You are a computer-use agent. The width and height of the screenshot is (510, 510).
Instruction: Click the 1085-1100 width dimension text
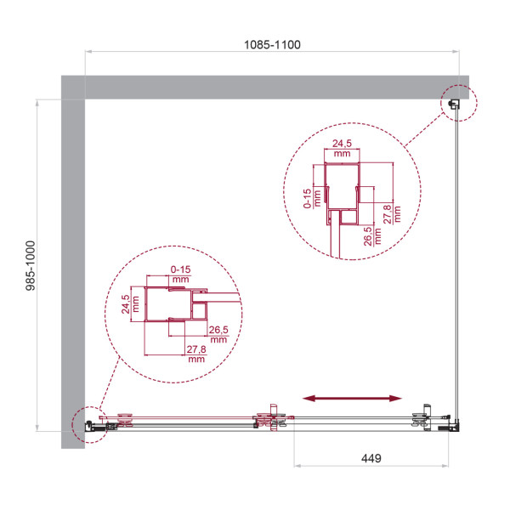pos(272,43)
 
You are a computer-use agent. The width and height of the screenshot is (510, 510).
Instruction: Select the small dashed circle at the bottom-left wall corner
pos(90,424)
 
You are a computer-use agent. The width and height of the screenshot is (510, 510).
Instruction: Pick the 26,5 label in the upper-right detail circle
pos(369,235)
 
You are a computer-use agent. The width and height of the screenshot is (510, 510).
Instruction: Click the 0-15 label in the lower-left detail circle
pos(179,274)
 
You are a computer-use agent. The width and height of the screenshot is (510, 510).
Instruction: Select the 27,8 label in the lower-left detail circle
pos(197,354)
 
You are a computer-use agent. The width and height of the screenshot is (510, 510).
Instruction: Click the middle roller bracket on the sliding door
pos(273,420)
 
